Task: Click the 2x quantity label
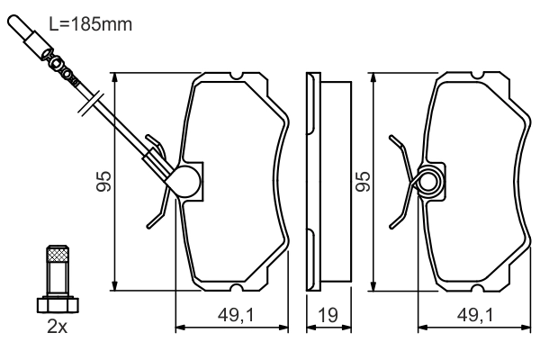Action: pos(57,328)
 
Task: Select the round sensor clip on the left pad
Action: pos(186,182)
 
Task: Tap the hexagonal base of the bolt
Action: pos(57,302)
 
